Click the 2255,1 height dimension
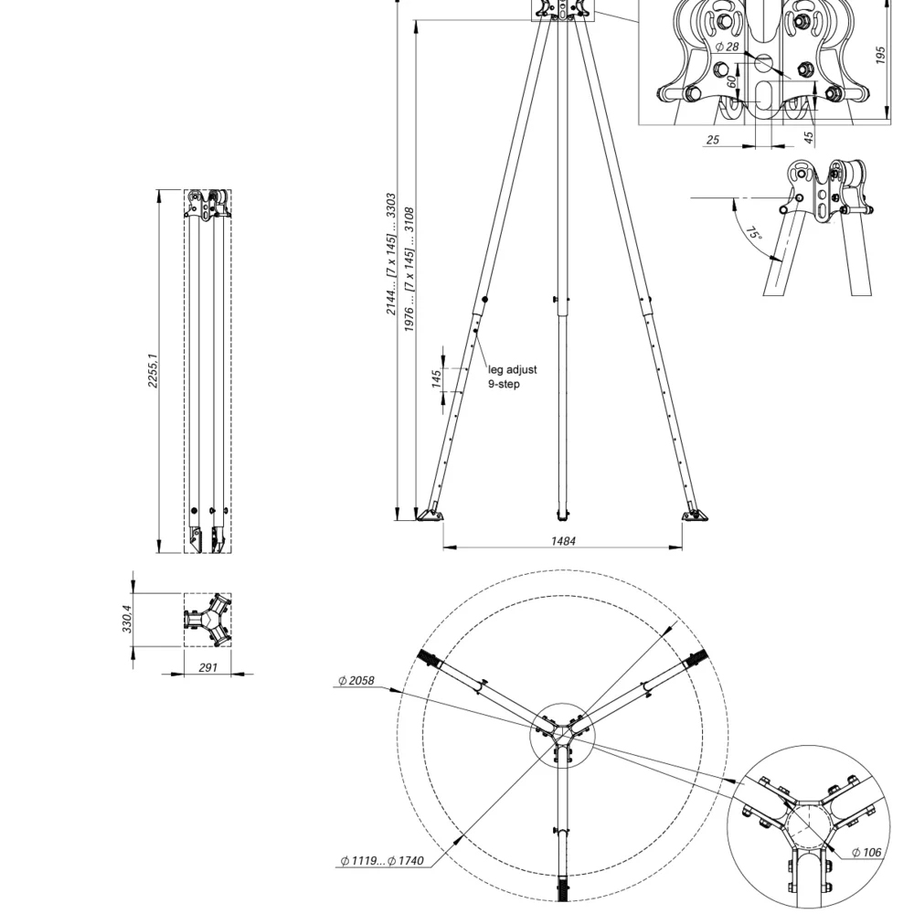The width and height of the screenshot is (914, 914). (x=154, y=369)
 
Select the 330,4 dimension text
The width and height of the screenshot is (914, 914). (x=127, y=619)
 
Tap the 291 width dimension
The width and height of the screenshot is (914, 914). (x=207, y=668)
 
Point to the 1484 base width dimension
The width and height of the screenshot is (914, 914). (x=563, y=541)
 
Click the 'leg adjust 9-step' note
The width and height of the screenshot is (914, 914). (x=512, y=377)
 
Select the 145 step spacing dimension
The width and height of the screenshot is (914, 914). (x=438, y=377)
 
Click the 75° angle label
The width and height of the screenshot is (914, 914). (x=753, y=235)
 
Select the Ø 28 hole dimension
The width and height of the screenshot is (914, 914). (x=727, y=47)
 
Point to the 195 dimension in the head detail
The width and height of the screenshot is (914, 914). (x=881, y=55)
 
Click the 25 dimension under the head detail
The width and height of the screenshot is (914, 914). (x=713, y=140)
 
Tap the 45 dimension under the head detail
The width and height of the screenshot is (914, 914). (x=809, y=138)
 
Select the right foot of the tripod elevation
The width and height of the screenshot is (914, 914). (x=694, y=515)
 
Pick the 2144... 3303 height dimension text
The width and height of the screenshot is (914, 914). (x=391, y=254)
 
